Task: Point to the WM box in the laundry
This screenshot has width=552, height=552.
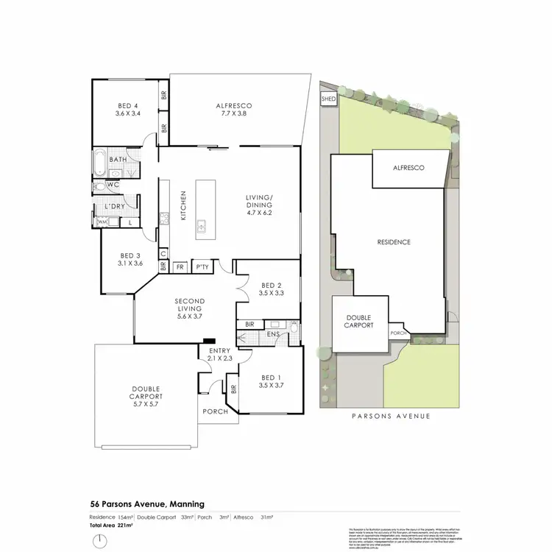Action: [102, 222]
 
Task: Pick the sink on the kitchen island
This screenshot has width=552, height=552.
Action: [201, 229]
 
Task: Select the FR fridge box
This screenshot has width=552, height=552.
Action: [179, 268]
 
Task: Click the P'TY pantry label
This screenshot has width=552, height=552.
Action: [201, 268]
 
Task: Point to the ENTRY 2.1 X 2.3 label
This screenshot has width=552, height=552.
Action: [220, 354]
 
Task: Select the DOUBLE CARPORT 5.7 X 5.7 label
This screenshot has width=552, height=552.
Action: [146, 399]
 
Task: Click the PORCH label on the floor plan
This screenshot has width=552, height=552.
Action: [216, 411]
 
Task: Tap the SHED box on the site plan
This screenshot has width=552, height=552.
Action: [328, 99]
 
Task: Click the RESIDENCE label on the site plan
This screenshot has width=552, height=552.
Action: [394, 242]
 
